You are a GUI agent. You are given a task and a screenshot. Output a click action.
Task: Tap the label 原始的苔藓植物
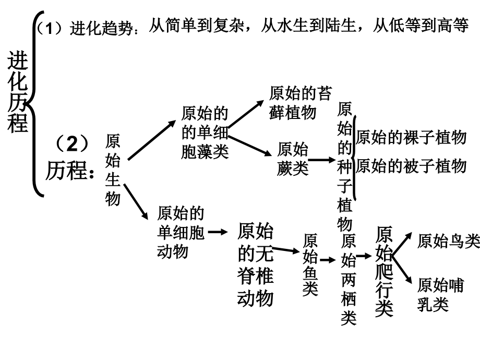(299, 103)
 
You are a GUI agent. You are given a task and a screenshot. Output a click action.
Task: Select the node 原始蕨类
(293, 159)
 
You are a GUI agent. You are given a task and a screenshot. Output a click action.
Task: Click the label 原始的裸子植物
(410, 138)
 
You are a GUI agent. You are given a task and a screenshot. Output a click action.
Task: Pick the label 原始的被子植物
(410, 166)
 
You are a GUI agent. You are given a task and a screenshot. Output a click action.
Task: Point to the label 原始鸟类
(448, 241)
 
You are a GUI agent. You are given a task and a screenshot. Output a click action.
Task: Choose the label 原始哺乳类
(441, 294)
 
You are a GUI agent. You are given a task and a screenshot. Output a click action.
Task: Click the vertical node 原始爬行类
(384, 270)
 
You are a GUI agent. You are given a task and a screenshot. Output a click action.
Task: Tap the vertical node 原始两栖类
(349, 279)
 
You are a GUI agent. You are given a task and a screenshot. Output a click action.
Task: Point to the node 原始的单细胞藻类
(205, 133)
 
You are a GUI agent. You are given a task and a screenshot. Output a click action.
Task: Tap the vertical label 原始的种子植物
(345, 166)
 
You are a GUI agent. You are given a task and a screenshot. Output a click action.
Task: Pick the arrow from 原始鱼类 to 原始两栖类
(327, 259)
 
